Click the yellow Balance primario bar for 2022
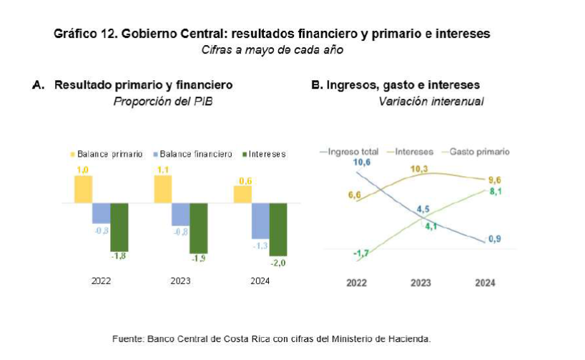(84, 189)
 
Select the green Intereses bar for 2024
(278, 229)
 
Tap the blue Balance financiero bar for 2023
(181, 214)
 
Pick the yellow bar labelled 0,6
(243, 195)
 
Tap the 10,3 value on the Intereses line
(418, 169)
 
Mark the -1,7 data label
(360, 253)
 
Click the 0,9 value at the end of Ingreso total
(494, 239)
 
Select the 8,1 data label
(494, 191)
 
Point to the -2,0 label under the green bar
(278, 263)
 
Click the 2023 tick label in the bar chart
(180, 281)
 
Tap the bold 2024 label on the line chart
(485, 283)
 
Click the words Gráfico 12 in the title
(80, 34)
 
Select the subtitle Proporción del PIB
(163, 102)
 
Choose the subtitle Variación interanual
(431, 102)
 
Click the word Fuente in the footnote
(128, 338)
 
